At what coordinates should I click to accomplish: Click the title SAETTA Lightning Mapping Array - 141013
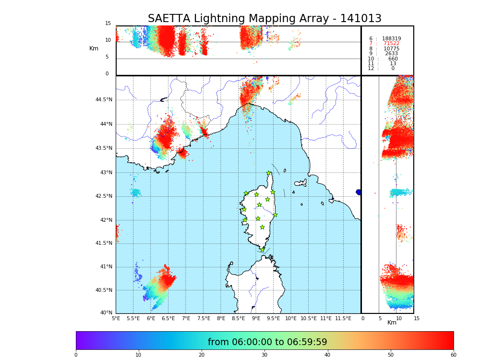264,19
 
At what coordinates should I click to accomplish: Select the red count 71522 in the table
391,44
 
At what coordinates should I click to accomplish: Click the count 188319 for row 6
391,38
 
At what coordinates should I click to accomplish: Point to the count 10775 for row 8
391,49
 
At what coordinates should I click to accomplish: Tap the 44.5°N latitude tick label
104,100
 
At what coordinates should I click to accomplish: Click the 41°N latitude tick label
106,267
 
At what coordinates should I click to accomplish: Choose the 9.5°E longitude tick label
274,319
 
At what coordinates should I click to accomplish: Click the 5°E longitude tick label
116,319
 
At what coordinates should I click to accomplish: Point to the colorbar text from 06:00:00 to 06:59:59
267,342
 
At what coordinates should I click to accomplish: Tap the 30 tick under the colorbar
264,355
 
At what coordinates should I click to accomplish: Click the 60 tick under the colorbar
453,355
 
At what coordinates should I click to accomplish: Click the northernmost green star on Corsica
269,173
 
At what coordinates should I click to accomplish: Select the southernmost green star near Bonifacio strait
262,250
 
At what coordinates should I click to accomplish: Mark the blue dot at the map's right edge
359,192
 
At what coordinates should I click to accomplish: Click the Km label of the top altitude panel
94,48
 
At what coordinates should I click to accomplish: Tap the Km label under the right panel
392,323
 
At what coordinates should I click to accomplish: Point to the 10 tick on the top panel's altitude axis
108,40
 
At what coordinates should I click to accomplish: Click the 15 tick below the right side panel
417,319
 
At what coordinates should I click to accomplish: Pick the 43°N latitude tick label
106,173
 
